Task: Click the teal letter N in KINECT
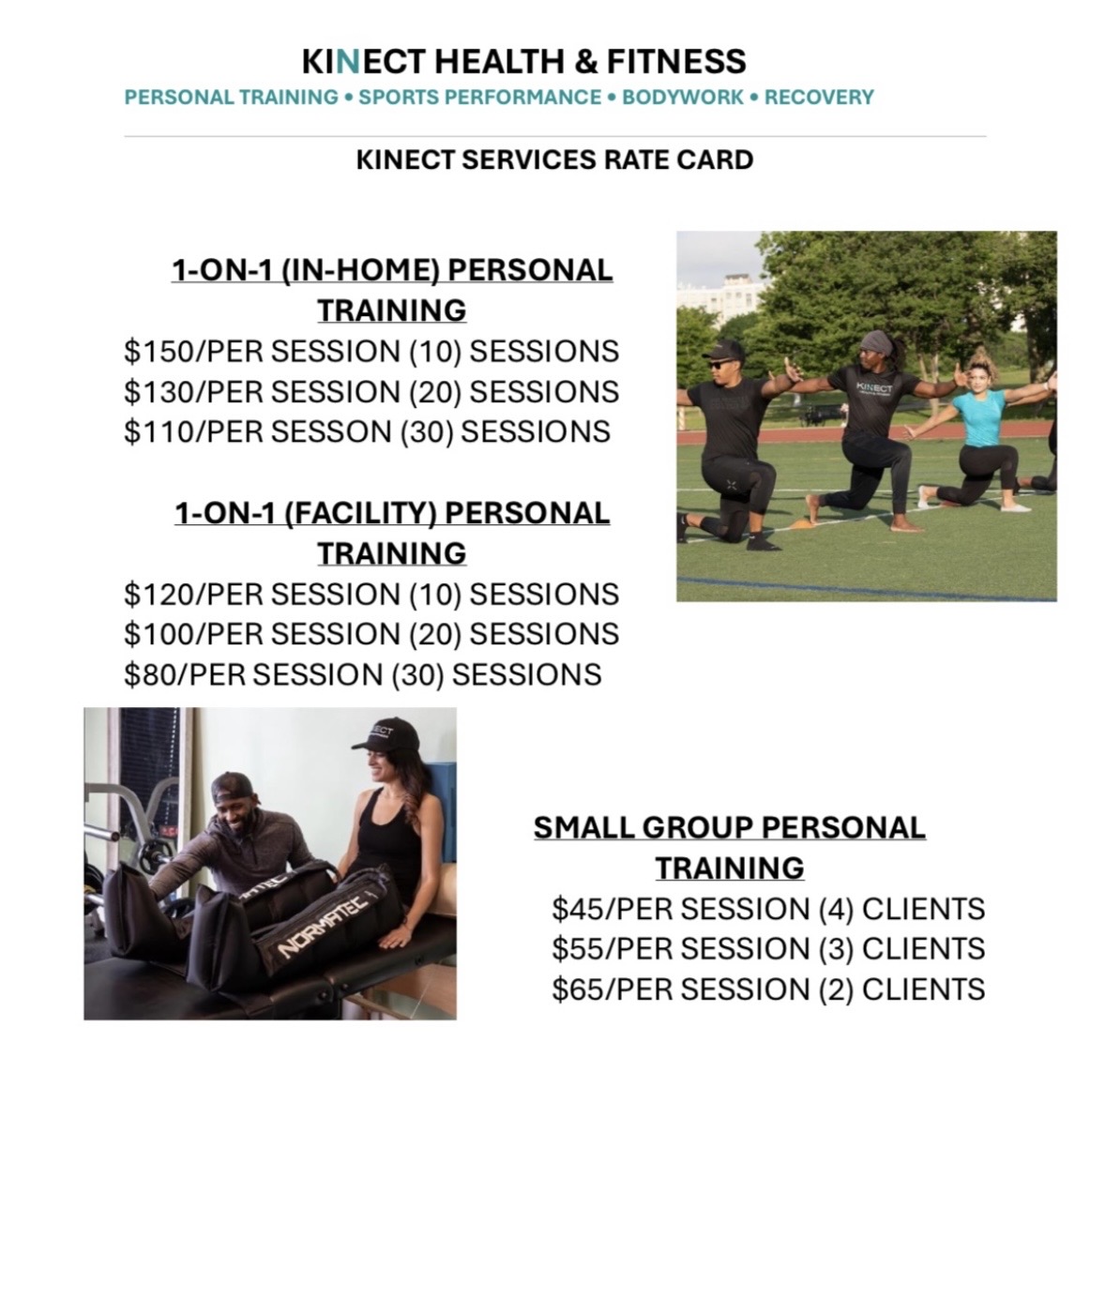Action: (x=347, y=62)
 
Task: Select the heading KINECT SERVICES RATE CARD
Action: (x=554, y=160)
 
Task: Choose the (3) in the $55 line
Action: (x=835, y=950)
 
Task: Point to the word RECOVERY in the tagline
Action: (x=818, y=98)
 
